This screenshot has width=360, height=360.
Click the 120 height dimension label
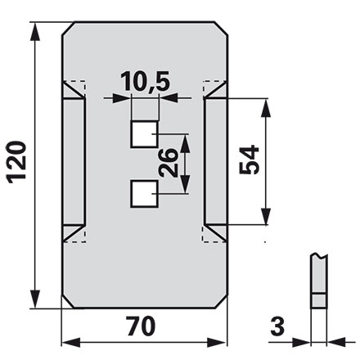[x=16, y=162]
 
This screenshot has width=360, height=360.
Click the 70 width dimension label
[x=141, y=326]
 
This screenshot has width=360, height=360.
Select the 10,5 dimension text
[x=146, y=81]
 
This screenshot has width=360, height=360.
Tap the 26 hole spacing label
[x=168, y=163]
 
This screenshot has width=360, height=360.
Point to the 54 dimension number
[x=249, y=160]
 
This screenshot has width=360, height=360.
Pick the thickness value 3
[x=277, y=326]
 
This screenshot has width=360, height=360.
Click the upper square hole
[x=145, y=134]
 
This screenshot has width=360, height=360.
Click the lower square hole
[x=145, y=194]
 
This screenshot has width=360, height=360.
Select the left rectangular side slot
[x=74, y=162]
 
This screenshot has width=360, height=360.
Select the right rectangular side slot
[x=215, y=161]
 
